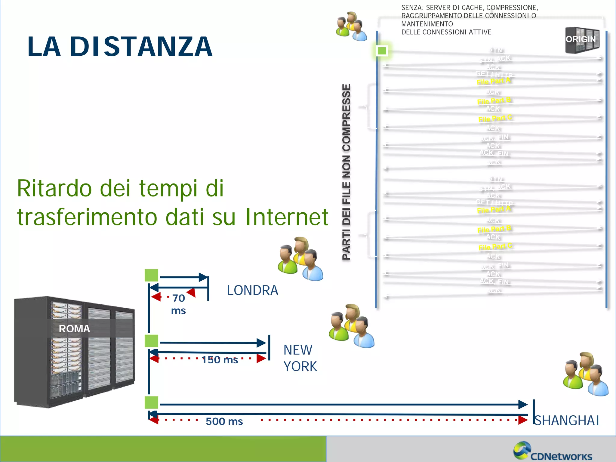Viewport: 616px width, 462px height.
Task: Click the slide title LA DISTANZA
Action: point(120,47)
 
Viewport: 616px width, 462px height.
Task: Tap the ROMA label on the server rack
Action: point(74,329)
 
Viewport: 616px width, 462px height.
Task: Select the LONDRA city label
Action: point(252,290)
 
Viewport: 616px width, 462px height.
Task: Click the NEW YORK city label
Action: point(300,358)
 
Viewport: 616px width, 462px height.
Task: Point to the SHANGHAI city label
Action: point(567,420)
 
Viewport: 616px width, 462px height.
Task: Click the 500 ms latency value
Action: point(224,421)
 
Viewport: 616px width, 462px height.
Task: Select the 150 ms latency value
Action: point(220,360)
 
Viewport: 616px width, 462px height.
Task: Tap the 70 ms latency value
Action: point(178,304)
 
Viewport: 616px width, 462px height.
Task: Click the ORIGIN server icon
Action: point(582,40)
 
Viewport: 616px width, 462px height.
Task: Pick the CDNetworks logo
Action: point(553,452)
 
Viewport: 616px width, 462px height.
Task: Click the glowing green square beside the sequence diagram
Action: point(382,51)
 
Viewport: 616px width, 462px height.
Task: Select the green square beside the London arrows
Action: point(151,275)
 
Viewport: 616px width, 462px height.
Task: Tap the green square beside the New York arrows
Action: point(151,341)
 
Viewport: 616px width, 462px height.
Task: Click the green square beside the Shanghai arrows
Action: point(151,403)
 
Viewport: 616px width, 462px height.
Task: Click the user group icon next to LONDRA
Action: point(300,259)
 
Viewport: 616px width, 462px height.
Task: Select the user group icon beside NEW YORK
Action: point(351,326)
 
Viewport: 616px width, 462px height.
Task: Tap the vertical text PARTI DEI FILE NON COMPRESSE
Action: point(346,172)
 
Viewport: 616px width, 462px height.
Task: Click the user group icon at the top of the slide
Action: point(351,26)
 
